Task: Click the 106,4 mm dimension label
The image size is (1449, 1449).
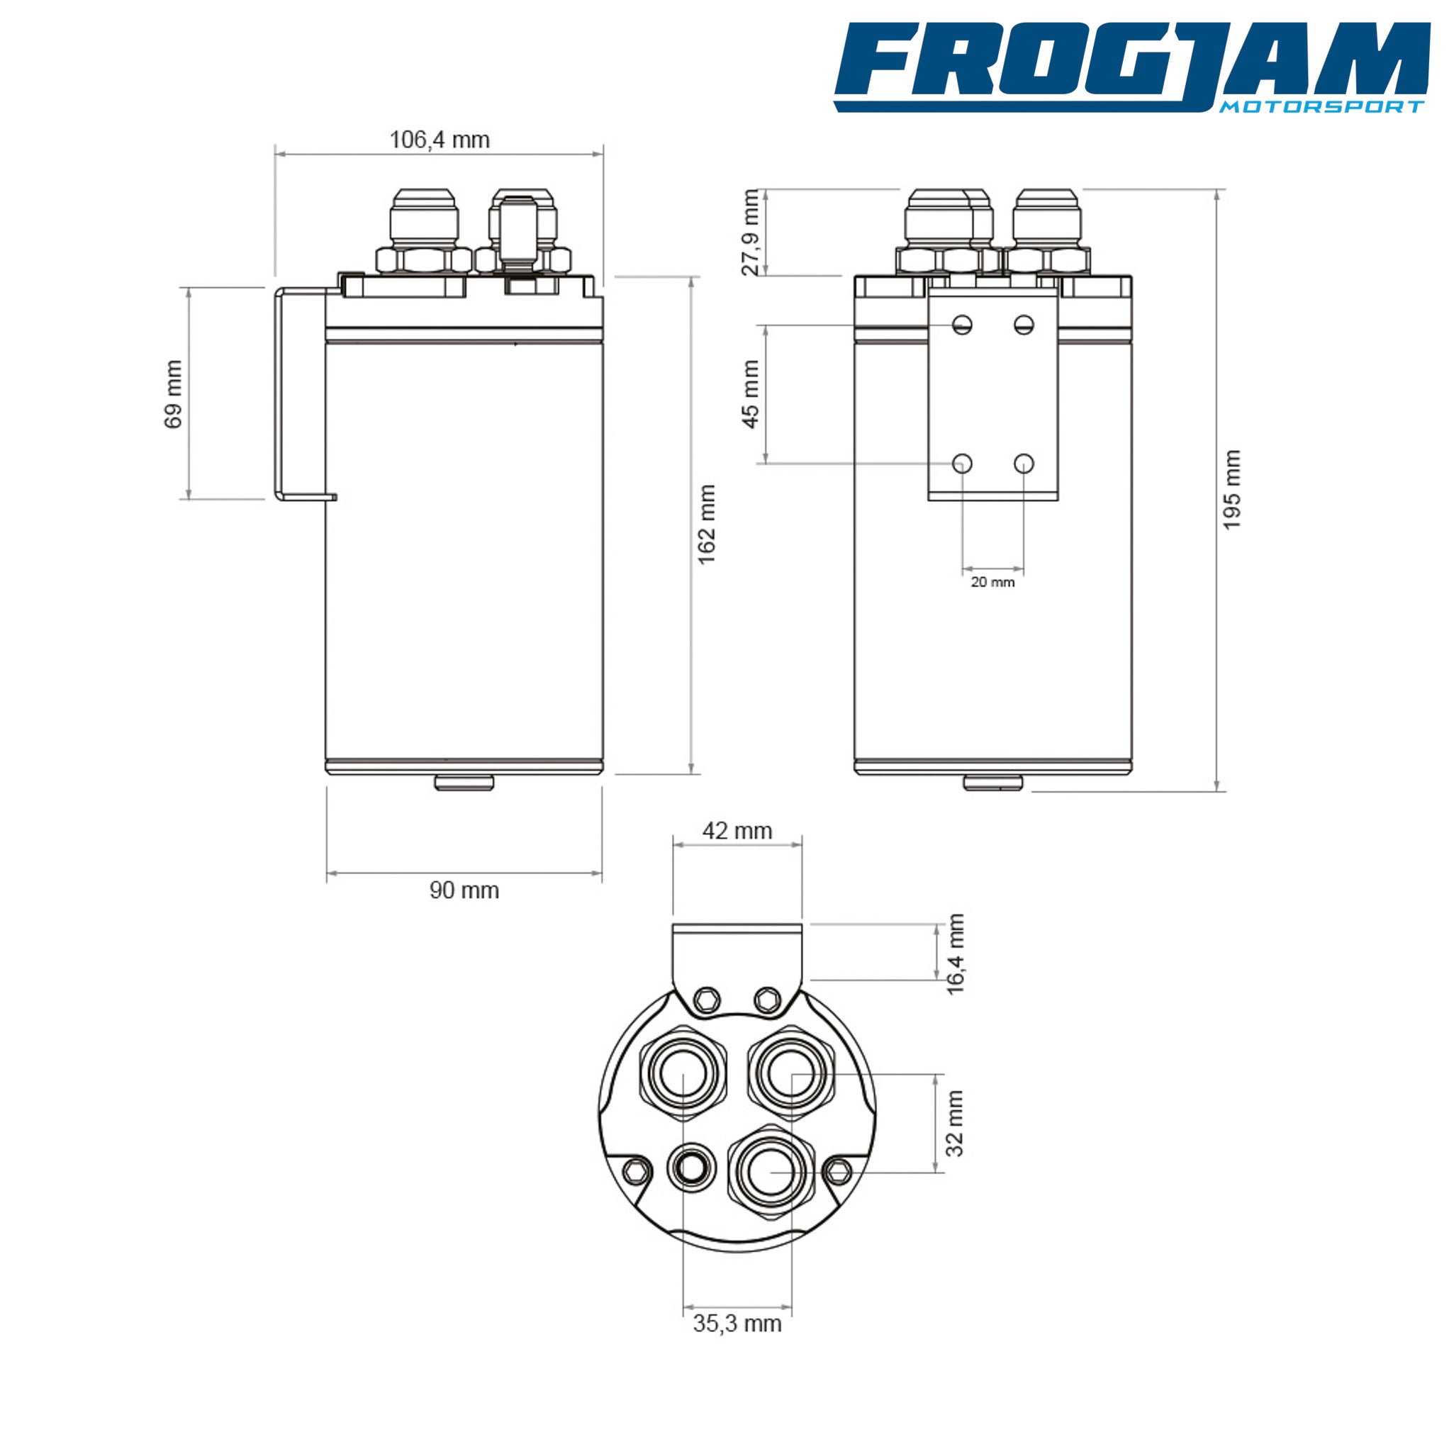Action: click(x=440, y=140)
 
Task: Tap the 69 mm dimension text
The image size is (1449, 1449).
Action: click(x=173, y=393)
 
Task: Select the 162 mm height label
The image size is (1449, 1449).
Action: click(x=707, y=525)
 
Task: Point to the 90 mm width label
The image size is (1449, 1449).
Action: click(x=464, y=890)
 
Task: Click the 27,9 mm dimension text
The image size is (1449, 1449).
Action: click(x=750, y=233)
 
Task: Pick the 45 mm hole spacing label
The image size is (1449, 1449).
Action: click(x=750, y=393)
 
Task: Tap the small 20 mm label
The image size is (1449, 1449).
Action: click(x=992, y=582)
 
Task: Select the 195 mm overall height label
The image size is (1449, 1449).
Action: click(x=1231, y=490)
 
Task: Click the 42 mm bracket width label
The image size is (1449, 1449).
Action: click(x=737, y=831)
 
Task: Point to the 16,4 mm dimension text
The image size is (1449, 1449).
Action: click(x=955, y=954)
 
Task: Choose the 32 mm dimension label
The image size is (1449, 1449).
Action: click(x=954, y=1123)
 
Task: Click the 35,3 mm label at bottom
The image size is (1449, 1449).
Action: click(x=737, y=1324)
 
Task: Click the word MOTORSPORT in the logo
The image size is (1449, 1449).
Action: click(x=1321, y=106)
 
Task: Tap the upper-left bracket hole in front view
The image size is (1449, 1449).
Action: click(x=962, y=325)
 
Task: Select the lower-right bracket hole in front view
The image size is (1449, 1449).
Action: click(x=1024, y=464)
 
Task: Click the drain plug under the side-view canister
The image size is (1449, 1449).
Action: click(x=464, y=783)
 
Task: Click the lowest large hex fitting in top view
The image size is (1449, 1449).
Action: click(x=771, y=1170)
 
